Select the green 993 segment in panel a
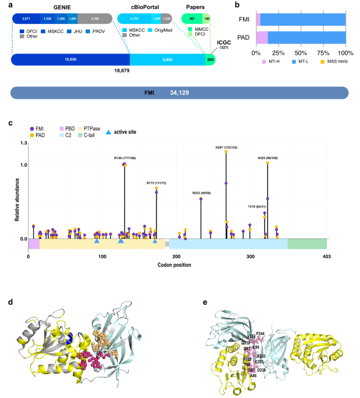(x=210, y=60)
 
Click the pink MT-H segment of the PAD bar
(x=262, y=38)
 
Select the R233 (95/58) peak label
(x=201, y=192)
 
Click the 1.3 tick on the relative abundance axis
(x=23, y=142)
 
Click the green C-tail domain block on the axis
(x=306, y=244)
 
